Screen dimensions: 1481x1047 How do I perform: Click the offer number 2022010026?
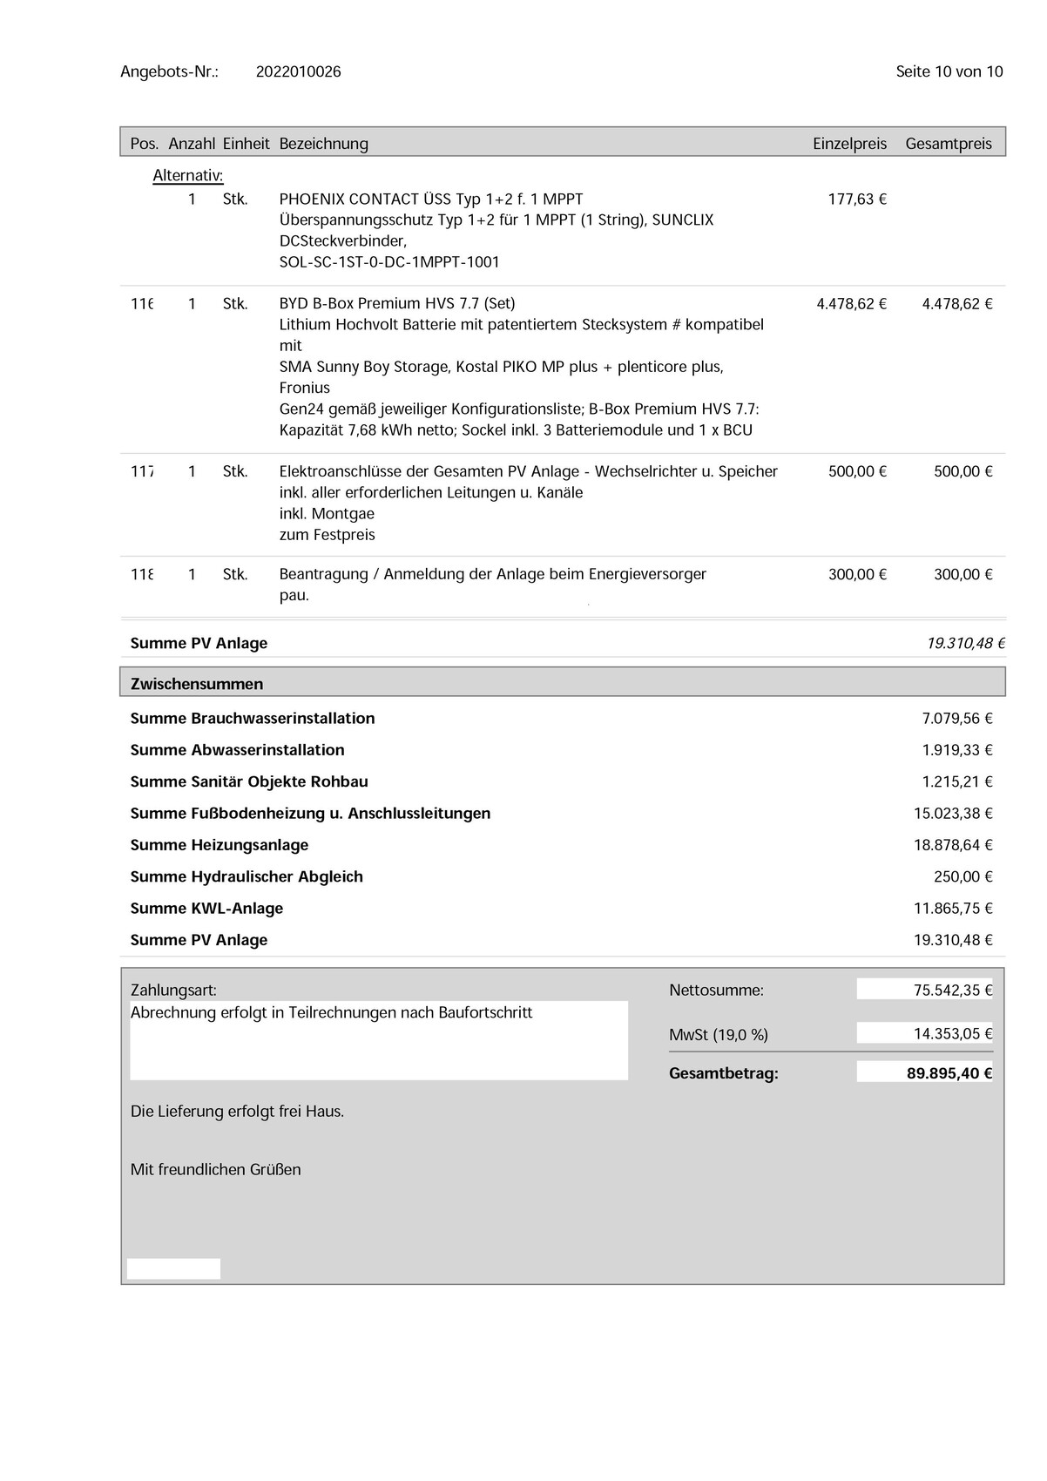(298, 72)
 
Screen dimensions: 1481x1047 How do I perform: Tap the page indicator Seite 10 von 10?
(949, 72)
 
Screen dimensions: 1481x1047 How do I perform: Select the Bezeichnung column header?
(323, 144)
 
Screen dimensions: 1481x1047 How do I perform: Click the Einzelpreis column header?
(849, 144)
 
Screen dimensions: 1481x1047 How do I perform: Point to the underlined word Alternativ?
(187, 176)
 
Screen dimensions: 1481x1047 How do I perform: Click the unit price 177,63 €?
(857, 199)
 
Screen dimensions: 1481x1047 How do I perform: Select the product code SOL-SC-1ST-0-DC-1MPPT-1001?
(389, 262)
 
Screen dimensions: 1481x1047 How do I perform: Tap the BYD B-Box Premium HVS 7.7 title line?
(397, 304)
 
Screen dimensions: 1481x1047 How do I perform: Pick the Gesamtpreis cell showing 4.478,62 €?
(957, 304)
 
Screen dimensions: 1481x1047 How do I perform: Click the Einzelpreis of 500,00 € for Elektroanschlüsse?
(857, 471)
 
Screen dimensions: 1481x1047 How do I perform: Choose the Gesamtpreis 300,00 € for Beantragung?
(963, 574)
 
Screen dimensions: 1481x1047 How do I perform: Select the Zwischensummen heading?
(197, 685)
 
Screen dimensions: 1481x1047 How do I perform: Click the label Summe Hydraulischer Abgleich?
(247, 876)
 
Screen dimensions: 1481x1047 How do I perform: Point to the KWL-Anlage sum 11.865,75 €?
(953, 909)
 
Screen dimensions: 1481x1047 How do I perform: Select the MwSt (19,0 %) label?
(719, 1035)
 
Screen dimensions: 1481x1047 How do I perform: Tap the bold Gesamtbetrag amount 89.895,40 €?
(949, 1074)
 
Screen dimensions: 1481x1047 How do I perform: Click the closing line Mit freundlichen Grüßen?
(216, 1170)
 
